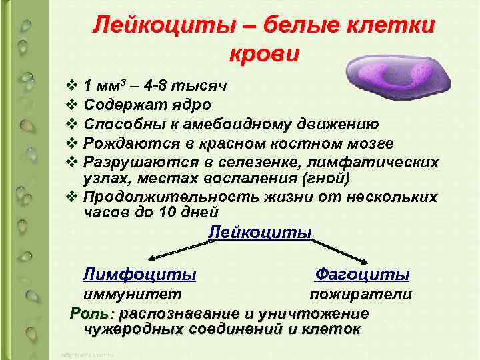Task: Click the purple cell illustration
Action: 393,74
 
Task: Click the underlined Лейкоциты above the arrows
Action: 260,233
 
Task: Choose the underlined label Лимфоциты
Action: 139,275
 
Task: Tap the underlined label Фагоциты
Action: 362,275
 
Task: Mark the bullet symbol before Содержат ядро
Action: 71,105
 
